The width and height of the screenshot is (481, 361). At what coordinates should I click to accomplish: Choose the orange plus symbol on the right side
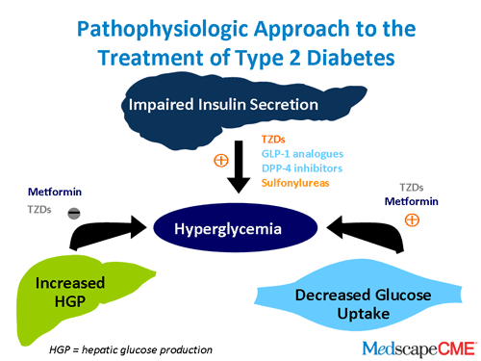pyautogui.click(x=413, y=219)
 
